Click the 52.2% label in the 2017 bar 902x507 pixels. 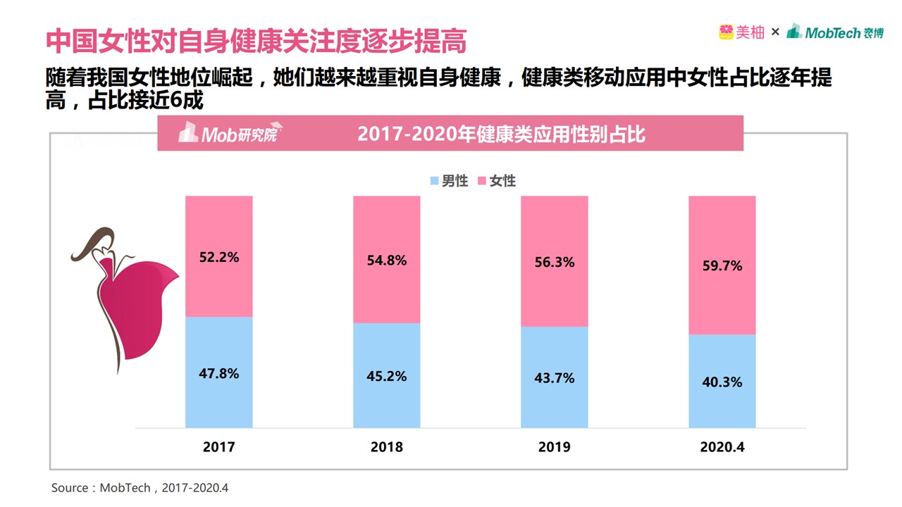click(x=219, y=258)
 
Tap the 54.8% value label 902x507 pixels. click(x=387, y=261)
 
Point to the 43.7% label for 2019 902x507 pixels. click(x=555, y=378)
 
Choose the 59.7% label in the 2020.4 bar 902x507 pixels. click(x=722, y=266)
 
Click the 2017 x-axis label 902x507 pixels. click(x=219, y=447)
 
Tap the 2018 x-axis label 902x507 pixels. click(x=387, y=447)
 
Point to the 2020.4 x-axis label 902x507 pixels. click(x=722, y=447)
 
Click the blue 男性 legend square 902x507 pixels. click(x=435, y=181)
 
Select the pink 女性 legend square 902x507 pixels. click(x=482, y=181)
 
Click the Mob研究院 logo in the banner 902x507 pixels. click(x=228, y=133)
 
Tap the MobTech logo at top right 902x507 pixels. click(x=835, y=32)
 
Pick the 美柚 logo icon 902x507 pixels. click(x=727, y=32)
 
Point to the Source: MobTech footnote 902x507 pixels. click(x=140, y=488)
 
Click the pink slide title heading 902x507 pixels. click(x=257, y=41)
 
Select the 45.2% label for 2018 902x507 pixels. click(x=387, y=376)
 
